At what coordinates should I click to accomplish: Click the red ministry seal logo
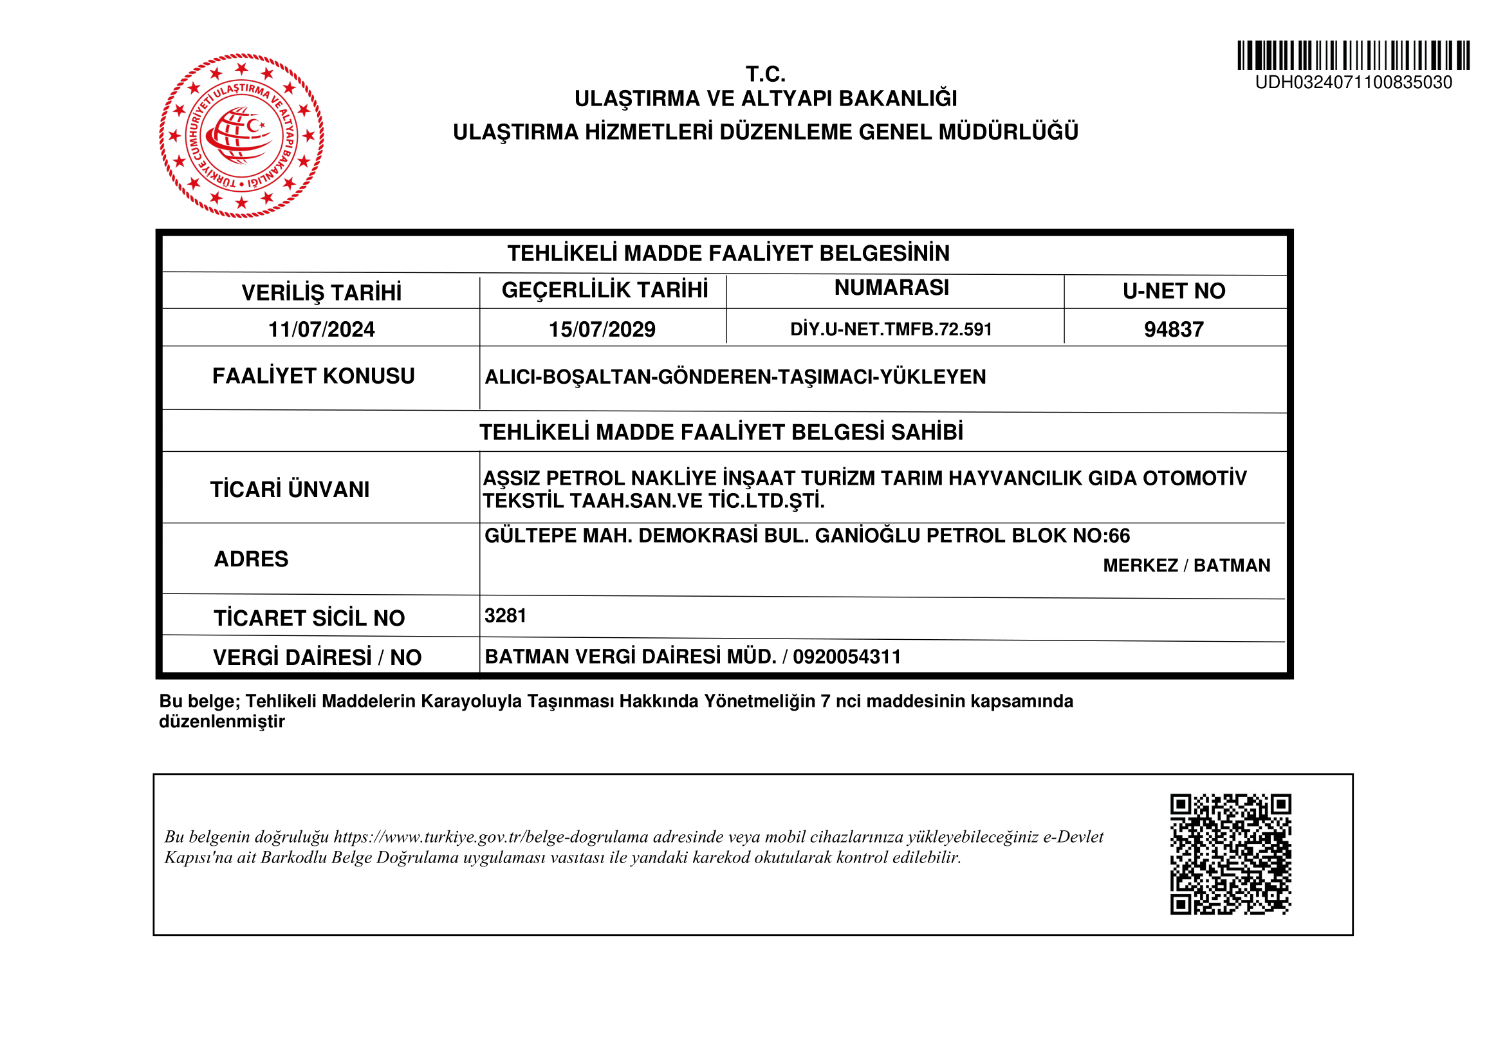(x=241, y=136)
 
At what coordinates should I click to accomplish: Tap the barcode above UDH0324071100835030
(x=1353, y=55)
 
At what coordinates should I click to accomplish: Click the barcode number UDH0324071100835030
(x=1353, y=82)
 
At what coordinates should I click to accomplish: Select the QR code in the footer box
(x=1230, y=854)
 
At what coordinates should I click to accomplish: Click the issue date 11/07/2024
(x=321, y=329)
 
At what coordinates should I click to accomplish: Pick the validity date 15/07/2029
(x=602, y=329)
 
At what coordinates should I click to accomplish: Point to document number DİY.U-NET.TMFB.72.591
(x=891, y=329)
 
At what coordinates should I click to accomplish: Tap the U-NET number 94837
(x=1174, y=329)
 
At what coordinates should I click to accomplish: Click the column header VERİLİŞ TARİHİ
(x=321, y=292)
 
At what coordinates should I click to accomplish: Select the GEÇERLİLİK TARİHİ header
(x=604, y=290)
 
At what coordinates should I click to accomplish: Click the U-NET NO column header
(x=1174, y=291)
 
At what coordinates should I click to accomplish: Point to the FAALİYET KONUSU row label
(x=313, y=377)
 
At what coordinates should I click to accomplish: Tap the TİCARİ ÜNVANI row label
(x=290, y=490)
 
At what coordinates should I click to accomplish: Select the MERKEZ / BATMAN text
(x=1186, y=565)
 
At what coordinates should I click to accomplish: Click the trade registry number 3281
(x=505, y=615)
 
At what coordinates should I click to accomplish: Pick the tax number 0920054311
(x=847, y=657)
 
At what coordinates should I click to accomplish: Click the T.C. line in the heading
(x=766, y=74)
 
